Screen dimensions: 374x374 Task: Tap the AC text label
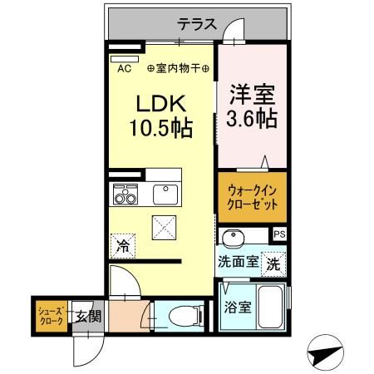(125, 69)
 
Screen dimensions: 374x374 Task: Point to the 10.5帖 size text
(161, 130)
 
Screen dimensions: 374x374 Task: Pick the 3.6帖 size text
(252, 120)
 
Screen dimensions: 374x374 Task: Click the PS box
(279, 235)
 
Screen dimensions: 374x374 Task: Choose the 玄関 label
(87, 315)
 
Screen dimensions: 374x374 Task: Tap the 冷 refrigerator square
(123, 244)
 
